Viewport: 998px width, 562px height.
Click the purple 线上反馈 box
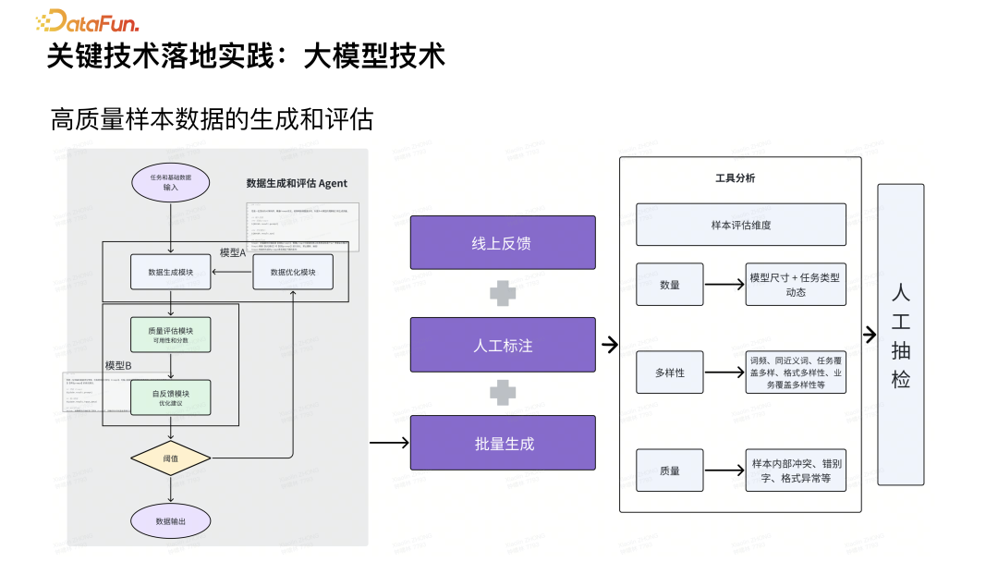[503, 243]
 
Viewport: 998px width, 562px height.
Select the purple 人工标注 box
[503, 345]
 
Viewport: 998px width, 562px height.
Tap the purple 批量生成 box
[503, 443]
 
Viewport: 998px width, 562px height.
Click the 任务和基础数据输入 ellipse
[171, 182]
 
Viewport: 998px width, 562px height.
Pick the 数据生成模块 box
[171, 272]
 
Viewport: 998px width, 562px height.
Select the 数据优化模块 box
[293, 272]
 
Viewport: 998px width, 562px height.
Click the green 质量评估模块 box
[171, 335]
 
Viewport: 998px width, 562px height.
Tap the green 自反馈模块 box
[171, 398]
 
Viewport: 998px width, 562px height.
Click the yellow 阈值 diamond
[171, 458]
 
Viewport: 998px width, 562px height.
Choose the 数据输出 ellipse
[171, 520]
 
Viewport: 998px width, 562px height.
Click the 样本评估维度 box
[740, 225]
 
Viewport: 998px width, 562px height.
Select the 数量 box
[670, 285]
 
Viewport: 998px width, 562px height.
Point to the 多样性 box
[670, 373]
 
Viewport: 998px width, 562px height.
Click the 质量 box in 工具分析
[670, 470]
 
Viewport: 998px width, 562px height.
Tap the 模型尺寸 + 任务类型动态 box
[796, 285]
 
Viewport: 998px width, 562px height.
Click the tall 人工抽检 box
[900, 335]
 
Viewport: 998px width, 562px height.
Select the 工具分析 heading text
[736, 177]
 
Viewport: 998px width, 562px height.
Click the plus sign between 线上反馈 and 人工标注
[503, 294]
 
